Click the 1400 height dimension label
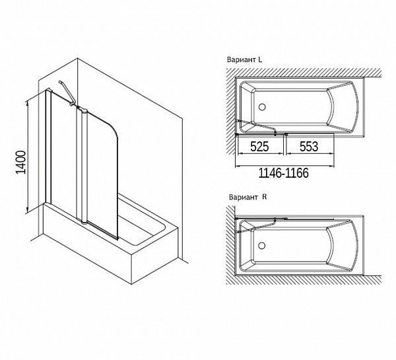tap(21, 162)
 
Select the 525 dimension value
tap(259, 147)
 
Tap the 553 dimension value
tap(309, 147)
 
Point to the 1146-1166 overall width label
tap(284, 173)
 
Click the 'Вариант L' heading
tap(244, 60)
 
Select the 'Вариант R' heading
tap(247, 198)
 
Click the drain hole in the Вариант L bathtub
tap(262, 107)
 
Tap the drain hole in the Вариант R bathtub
tap(261, 245)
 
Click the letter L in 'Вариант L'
tap(260, 59)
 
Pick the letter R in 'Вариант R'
tap(265, 197)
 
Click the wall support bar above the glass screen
tap(66, 92)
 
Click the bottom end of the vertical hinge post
tap(84, 223)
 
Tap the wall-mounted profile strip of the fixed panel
tap(48, 146)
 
